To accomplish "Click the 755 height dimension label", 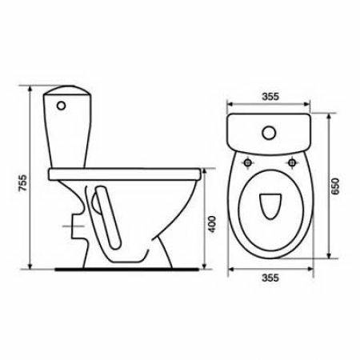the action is point(23,182).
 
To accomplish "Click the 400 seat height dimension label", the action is point(212,224).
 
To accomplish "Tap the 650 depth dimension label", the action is point(335,186).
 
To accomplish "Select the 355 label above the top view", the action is point(270,96).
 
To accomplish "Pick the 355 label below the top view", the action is point(270,278).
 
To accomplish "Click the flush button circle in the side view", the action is point(61,106).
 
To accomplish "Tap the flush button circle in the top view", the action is point(269,133).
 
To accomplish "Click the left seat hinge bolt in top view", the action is point(248,162).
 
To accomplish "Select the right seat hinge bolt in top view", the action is point(292,162).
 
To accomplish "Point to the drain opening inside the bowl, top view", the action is point(270,206).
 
